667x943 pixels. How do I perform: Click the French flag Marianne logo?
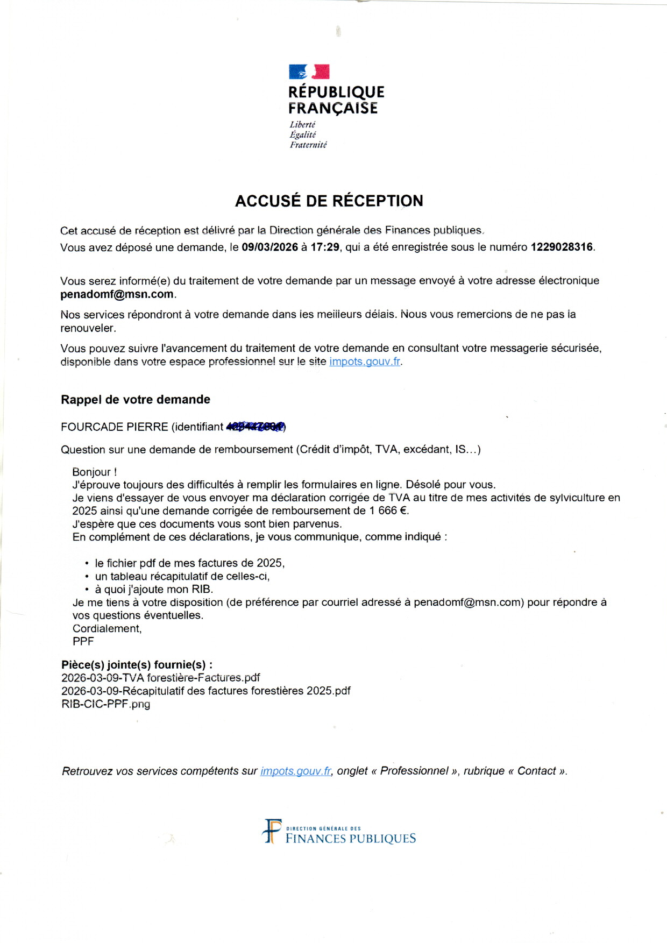tap(309, 72)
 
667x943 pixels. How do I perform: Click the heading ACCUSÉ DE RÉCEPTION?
tap(329, 201)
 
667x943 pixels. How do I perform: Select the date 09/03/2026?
tap(269, 247)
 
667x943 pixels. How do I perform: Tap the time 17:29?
tap(325, 247)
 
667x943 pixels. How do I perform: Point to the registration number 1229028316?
tap(562, 247)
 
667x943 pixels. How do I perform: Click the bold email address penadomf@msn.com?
tap(117, 294)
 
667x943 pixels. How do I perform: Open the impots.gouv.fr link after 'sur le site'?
tap(365, 361)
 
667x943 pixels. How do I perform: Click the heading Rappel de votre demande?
tap(136, 400)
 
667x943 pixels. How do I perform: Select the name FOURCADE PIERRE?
tap(115, 427)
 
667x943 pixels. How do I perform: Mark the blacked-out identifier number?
tap(256, 427)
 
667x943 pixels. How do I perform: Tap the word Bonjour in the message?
tap(91, 472)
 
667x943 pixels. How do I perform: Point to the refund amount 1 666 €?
tap(389, 511)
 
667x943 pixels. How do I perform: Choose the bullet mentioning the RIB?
tap(154, 590)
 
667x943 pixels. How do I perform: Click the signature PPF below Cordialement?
tap(83, 642)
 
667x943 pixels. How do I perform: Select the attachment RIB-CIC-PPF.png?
tap(106, 704)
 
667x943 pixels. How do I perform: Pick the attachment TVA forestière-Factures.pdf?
tap(161, 678)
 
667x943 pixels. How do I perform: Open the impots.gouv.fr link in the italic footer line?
tap(296, 771)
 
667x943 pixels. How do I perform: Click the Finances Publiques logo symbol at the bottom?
tap(272, 832)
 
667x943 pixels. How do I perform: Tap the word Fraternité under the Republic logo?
tap(308, 145)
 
